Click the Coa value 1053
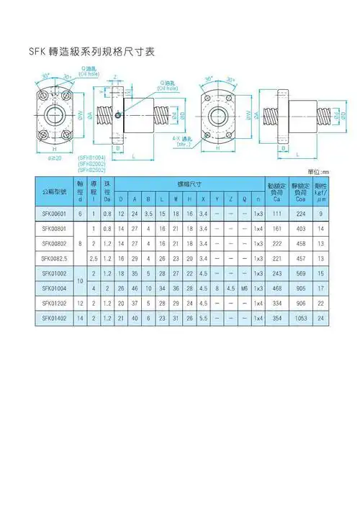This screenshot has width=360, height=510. [301, 319]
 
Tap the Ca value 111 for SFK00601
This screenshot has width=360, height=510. [276, 213]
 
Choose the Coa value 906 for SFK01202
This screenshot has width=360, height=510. [301, 304]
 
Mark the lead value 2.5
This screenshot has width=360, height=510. [94, 258]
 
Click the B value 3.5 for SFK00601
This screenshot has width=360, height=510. [148, 213]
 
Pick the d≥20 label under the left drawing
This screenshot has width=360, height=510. [54, 157]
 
